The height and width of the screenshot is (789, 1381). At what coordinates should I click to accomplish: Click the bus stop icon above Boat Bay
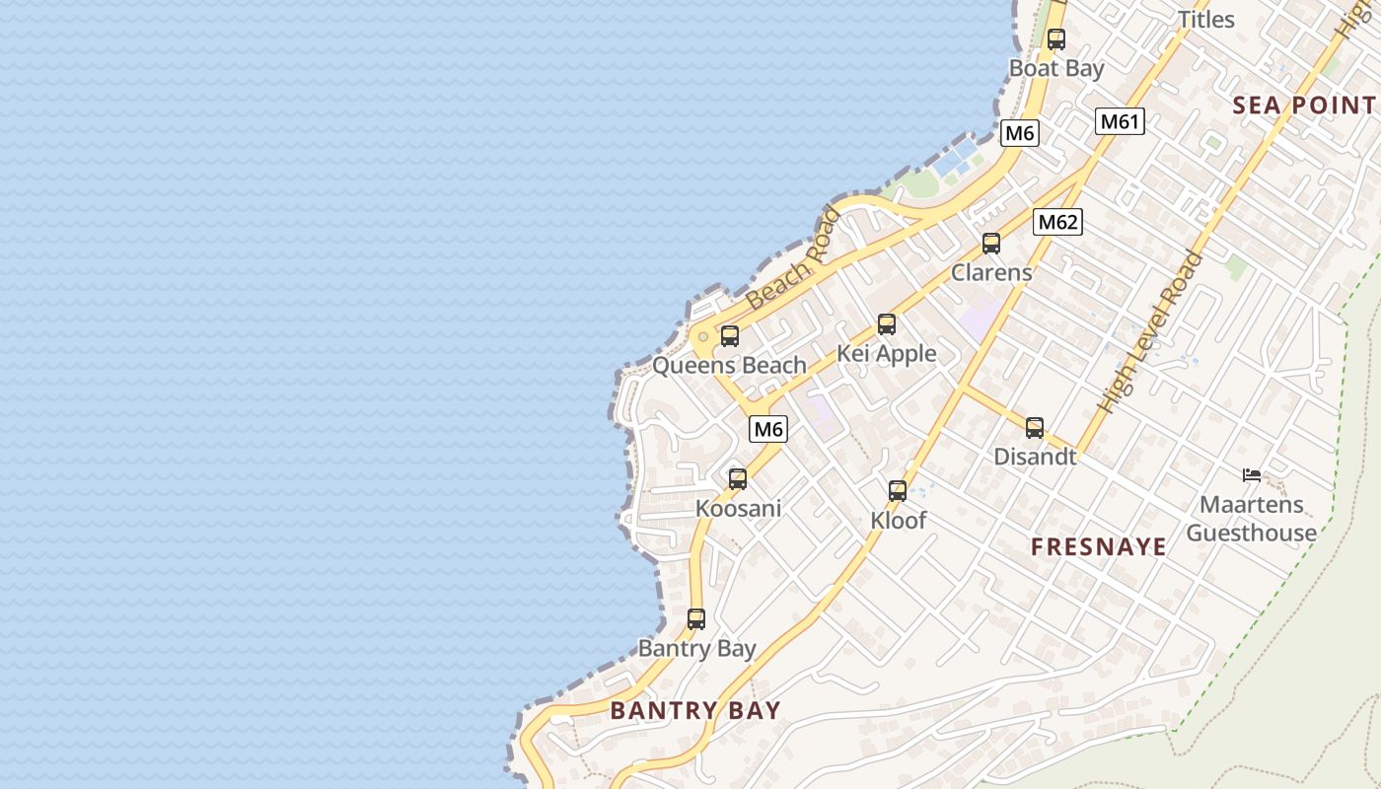click(x=1056, y=39)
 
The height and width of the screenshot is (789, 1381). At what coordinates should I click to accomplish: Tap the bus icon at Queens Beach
click(x=730, y=335)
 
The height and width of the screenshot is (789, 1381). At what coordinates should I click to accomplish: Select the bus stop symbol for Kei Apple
click(x=887, y=323)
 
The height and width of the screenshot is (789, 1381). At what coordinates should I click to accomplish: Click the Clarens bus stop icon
click(x=991, y=243)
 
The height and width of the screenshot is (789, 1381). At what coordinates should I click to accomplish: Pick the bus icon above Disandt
click(x=1035, y=427)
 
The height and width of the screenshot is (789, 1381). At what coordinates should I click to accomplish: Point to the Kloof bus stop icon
click(x=898, y=490)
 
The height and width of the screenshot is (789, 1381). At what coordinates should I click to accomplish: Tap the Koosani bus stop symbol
click(x=738, y=479)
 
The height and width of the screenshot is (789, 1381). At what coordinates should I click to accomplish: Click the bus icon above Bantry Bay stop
click(x=696, y=619)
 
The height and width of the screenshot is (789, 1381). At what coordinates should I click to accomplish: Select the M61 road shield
click(x=1120, y=121)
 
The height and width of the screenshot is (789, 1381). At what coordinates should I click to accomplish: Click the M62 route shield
click(x=1057, y=222)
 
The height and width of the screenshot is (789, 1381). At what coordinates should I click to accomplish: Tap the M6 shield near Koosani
click(x=768, y=429)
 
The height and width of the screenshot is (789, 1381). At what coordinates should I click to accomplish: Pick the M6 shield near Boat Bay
click(x=1019, y=133)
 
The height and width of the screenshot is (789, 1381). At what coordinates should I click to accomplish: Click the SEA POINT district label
click(x=1304, y=106)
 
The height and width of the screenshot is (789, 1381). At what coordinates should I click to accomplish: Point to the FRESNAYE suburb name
click(x=1099, y=546)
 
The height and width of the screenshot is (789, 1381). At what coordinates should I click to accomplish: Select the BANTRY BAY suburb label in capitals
click(x=695, y=710)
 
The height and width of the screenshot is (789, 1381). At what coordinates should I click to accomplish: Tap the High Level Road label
click(x=1152, y=331)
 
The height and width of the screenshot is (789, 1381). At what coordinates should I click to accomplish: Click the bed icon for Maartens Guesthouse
click(x=1252, y=475)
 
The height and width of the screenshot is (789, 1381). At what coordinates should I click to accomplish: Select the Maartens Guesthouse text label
click(x=1251, y=519)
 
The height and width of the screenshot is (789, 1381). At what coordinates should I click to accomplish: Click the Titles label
click(x=1206, y=19)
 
